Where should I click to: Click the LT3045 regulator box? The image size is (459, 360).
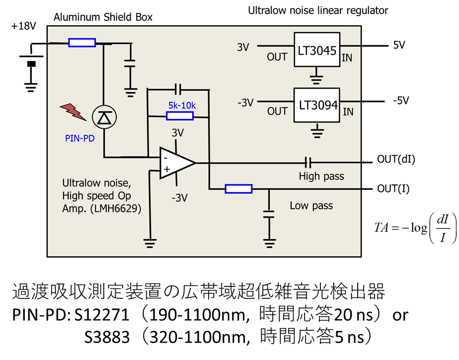(317, 50)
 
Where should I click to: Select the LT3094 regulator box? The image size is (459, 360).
(317, 105)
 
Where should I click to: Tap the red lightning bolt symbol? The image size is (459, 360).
(73, 111)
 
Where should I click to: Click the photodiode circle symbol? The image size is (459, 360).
(104, 117)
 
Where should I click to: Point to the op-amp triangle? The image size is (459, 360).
(177, 163)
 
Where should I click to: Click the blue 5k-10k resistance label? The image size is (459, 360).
(182, 105)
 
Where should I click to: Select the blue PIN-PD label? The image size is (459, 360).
(79, 138)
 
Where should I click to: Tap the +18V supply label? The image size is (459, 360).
(23, 26)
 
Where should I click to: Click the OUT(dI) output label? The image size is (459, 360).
(396, 159)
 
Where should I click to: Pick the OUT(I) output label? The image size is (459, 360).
(393, 188)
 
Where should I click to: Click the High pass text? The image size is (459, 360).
(321, 177)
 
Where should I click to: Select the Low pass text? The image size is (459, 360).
(311, 206)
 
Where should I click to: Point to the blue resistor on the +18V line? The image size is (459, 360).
(82, 43)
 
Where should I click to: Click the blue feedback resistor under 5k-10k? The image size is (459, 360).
(180, 116)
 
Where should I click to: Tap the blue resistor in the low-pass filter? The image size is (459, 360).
(238, 189)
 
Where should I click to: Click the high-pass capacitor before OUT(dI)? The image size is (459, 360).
(307, 162)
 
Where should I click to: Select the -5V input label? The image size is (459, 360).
(401, 101)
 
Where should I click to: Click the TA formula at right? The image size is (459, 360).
(415, 228)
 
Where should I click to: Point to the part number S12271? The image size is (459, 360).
(101, 315)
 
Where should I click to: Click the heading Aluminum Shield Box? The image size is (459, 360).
(103, 17)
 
